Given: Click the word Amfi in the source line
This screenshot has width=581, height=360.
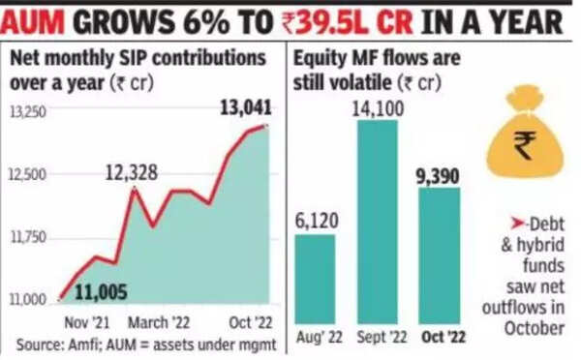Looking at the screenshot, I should (80, 345).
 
